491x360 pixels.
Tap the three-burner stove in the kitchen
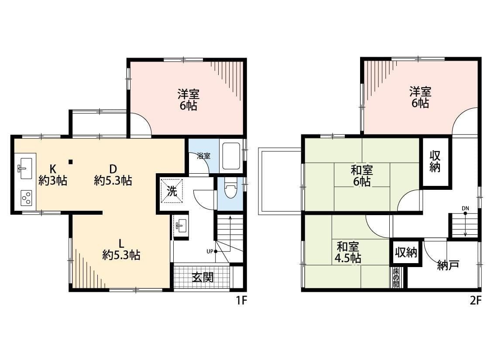26,198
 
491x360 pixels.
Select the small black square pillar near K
71,162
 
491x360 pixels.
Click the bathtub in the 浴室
231,156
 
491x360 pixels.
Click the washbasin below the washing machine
180,226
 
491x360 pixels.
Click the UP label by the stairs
210,251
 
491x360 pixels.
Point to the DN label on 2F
465,208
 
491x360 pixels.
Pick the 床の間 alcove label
396,277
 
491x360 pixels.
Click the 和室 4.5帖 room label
347,252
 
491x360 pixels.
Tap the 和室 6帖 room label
362,175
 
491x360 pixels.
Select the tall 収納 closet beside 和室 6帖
435,162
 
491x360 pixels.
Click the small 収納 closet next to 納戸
406,252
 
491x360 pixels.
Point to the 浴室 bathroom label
203,156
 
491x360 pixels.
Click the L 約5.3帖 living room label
121,250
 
